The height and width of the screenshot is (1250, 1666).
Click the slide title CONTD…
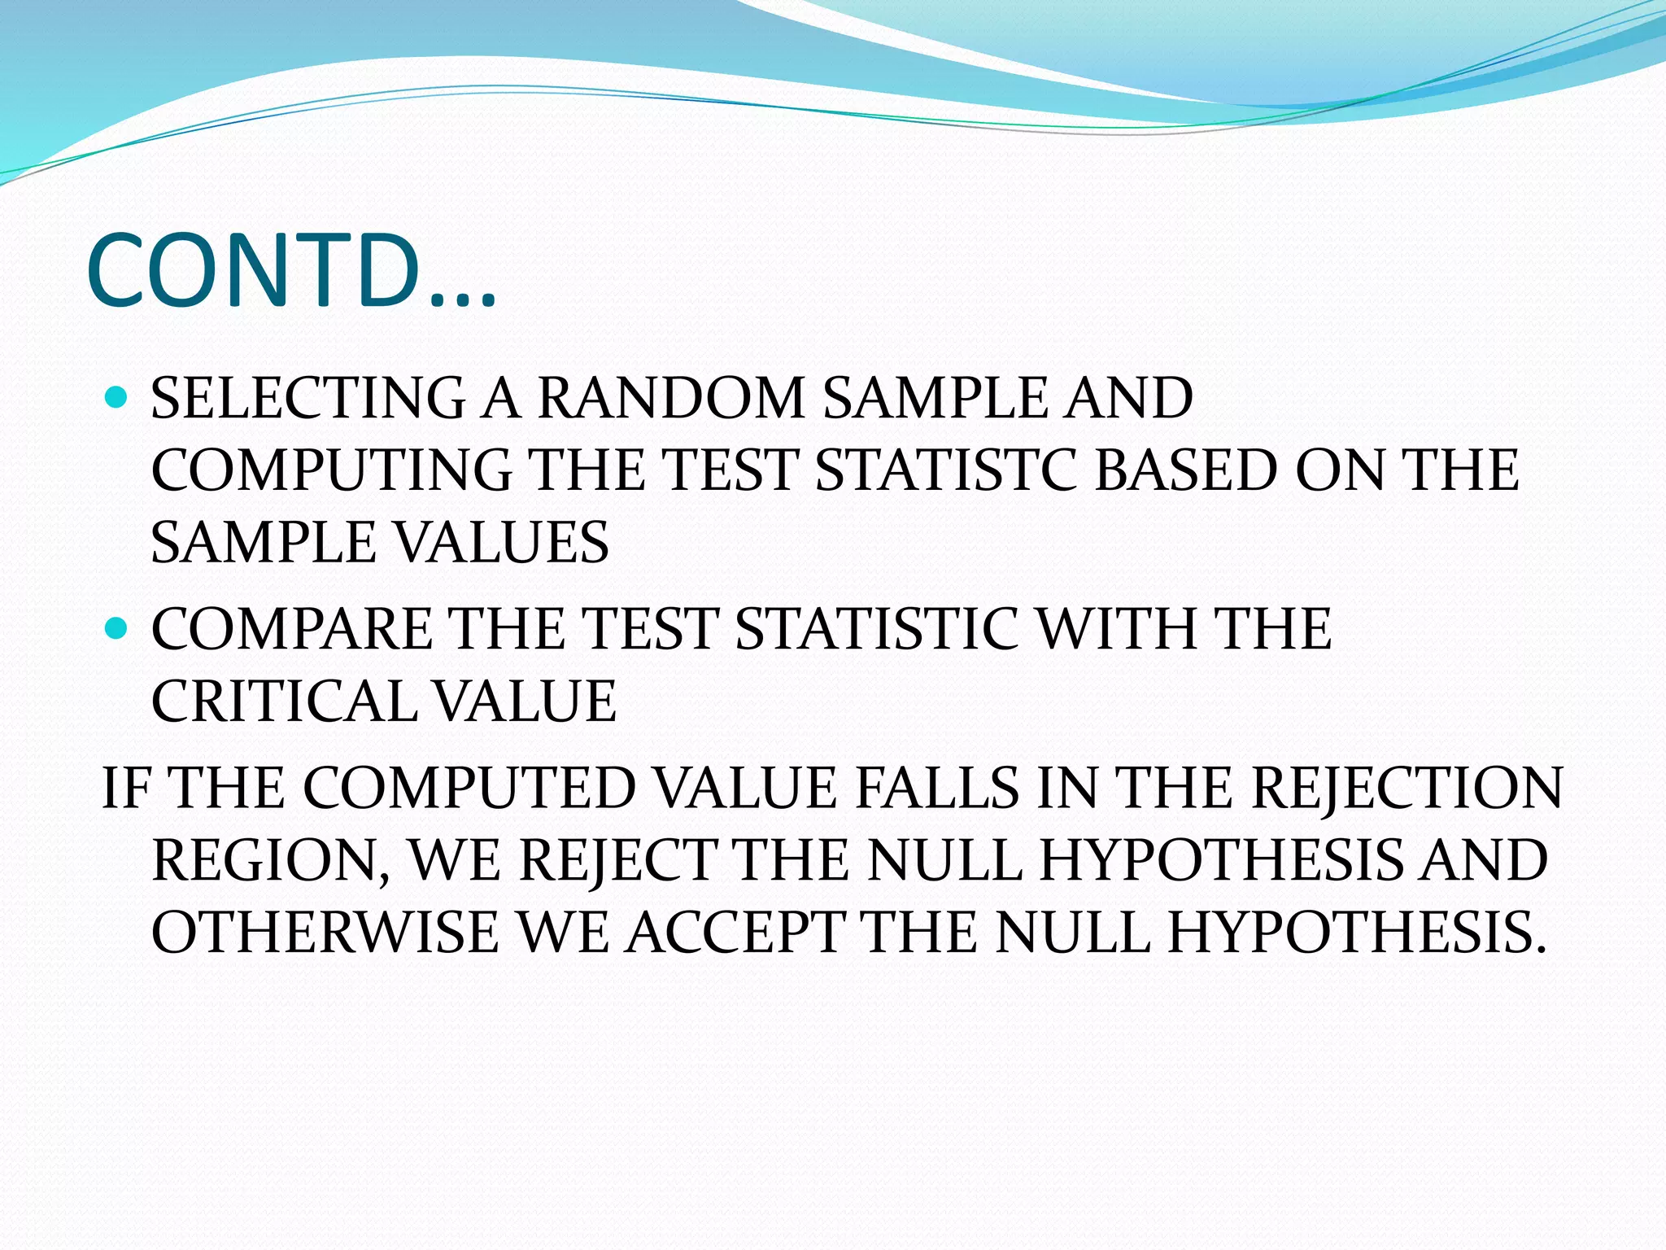[290, 271]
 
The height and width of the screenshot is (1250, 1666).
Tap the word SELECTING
[307, 398]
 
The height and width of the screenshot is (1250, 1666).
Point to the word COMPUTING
[331, 470]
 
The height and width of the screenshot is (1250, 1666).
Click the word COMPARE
[291, 629]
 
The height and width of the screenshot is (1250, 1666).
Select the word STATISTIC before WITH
[875, 629]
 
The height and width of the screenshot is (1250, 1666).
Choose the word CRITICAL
[282, 701]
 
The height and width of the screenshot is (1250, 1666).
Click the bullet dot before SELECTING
[117, 398]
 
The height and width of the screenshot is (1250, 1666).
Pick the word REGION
[270, 860]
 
